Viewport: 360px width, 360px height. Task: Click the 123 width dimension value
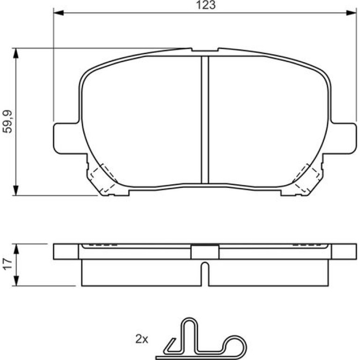206,5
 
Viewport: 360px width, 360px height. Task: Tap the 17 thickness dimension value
7,264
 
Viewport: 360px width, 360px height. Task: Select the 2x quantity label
142,339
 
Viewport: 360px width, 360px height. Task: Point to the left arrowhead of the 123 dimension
58,13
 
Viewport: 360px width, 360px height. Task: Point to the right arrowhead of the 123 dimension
351,13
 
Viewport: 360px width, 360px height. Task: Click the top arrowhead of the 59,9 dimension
15,53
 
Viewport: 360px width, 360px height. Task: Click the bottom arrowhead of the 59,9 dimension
15,190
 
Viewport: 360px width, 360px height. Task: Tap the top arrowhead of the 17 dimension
16,249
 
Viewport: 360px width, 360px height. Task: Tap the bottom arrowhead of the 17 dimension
16,281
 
